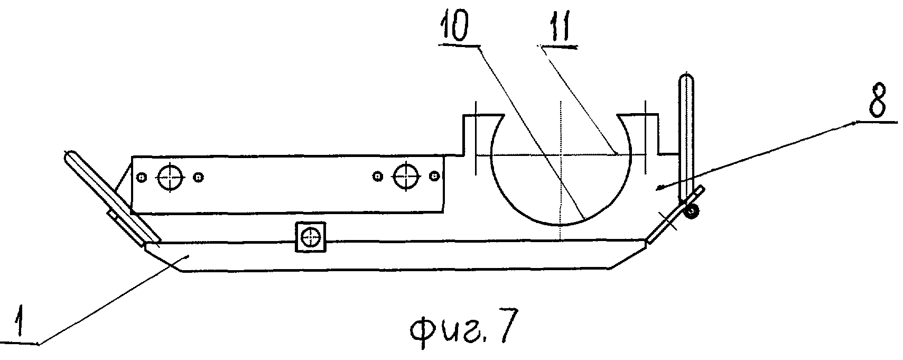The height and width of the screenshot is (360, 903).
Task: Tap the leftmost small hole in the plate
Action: [141, 177]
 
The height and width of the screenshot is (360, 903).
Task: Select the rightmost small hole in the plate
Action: [434, 176]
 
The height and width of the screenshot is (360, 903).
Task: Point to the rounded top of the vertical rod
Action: [686, 77]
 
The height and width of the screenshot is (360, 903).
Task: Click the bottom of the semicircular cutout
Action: [561, 225]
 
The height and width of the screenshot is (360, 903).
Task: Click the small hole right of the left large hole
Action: [198, 177]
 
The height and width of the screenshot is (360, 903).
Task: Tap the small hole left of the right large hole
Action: [377, 176]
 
